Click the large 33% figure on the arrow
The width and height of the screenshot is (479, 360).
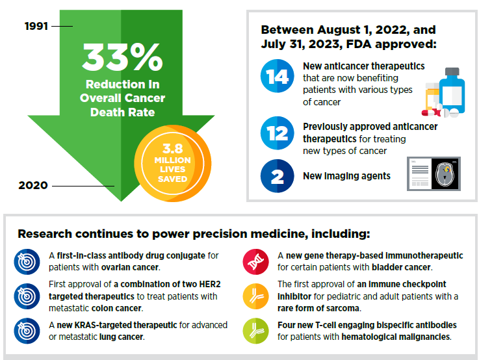(x=122, y=59)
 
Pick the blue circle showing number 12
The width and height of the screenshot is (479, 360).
(x=278, y=135)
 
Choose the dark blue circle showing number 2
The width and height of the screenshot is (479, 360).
(x=278, y=175)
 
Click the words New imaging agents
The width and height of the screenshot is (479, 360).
(x=346, y=176)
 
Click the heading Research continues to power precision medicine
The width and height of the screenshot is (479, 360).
(x=193, y=233)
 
